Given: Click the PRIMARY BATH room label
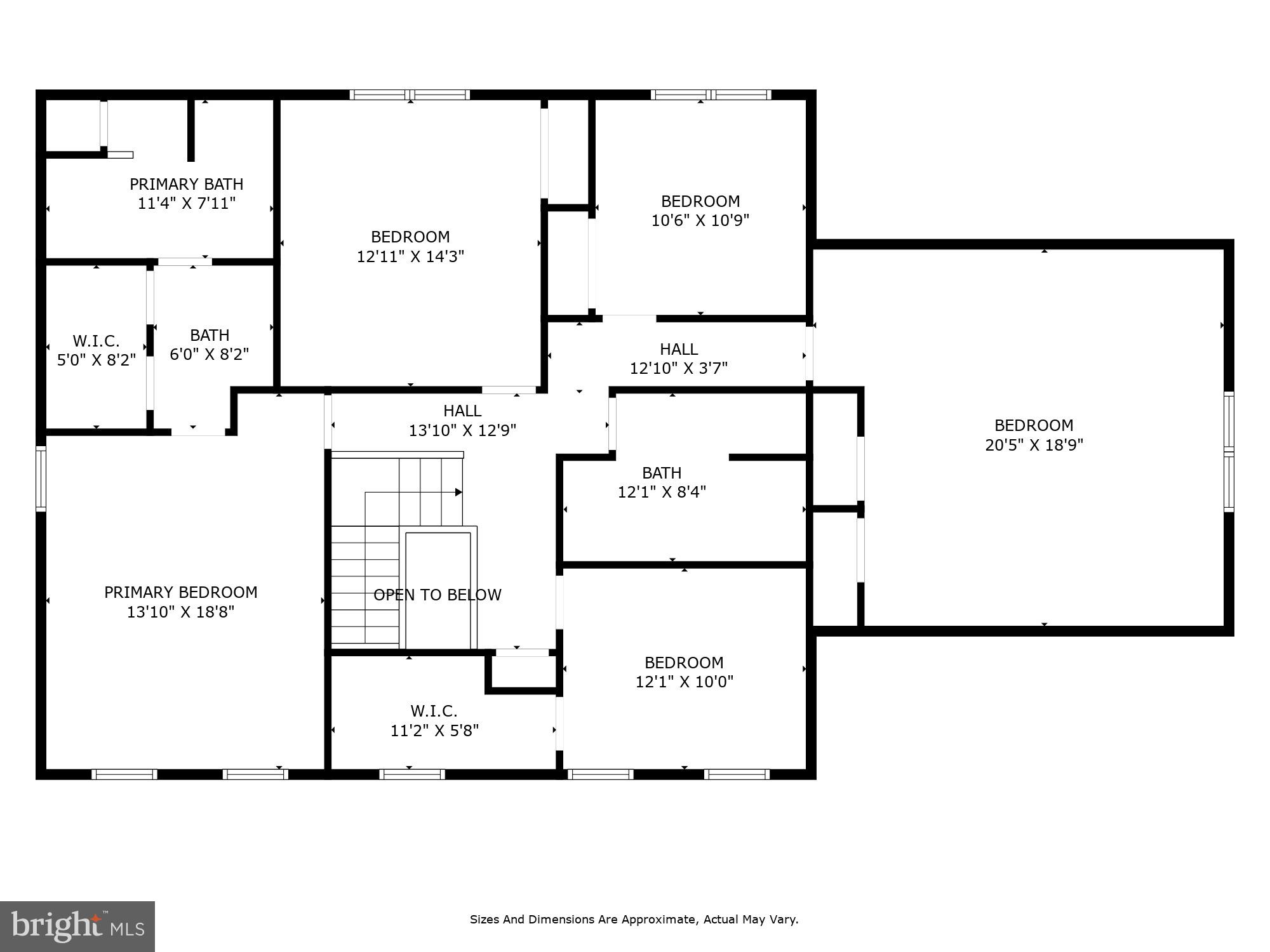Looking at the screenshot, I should (x=186, y=185).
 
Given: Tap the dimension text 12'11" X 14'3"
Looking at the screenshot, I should (x=410, y=256).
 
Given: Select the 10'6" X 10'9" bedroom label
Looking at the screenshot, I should (x=700, y=211).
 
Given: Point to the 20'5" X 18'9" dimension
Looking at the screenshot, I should (x=1033, y=445).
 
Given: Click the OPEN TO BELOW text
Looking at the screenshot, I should (x=437, y=595).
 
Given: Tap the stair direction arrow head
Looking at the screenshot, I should (x=458, y=492).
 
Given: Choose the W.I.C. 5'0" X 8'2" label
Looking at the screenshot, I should (x=96, y=350).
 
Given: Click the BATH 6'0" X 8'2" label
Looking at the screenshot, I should (x=209, y=345).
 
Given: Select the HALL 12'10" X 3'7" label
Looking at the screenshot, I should (x=678, y=359).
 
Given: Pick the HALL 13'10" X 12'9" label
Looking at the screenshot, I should (x=462, y=421).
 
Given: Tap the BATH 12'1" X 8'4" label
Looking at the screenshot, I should (x=662, y=482).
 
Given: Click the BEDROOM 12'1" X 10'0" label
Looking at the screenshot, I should (x=684, y=672).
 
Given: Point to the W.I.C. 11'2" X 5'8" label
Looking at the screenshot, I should (x=434, y=720).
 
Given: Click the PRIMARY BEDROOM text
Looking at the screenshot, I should (x=180, y=592).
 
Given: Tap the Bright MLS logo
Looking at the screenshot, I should (x=77, y=927).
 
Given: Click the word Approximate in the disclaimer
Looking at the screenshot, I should (x=660, y=919).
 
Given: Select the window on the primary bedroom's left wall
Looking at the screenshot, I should (x=41, y=478).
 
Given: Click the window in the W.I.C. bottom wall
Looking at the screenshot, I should (x=411, y=774).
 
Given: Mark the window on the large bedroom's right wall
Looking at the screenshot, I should (x=1228, y=452).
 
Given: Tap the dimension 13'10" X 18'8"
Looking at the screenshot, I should (x=180, y=612).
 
